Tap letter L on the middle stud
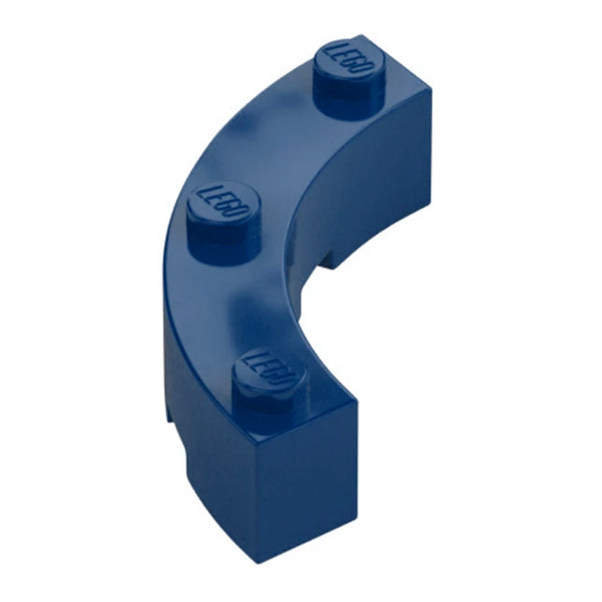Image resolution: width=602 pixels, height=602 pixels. [x=208, y=191]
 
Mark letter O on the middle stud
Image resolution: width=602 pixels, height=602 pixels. [x=241, y=212]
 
